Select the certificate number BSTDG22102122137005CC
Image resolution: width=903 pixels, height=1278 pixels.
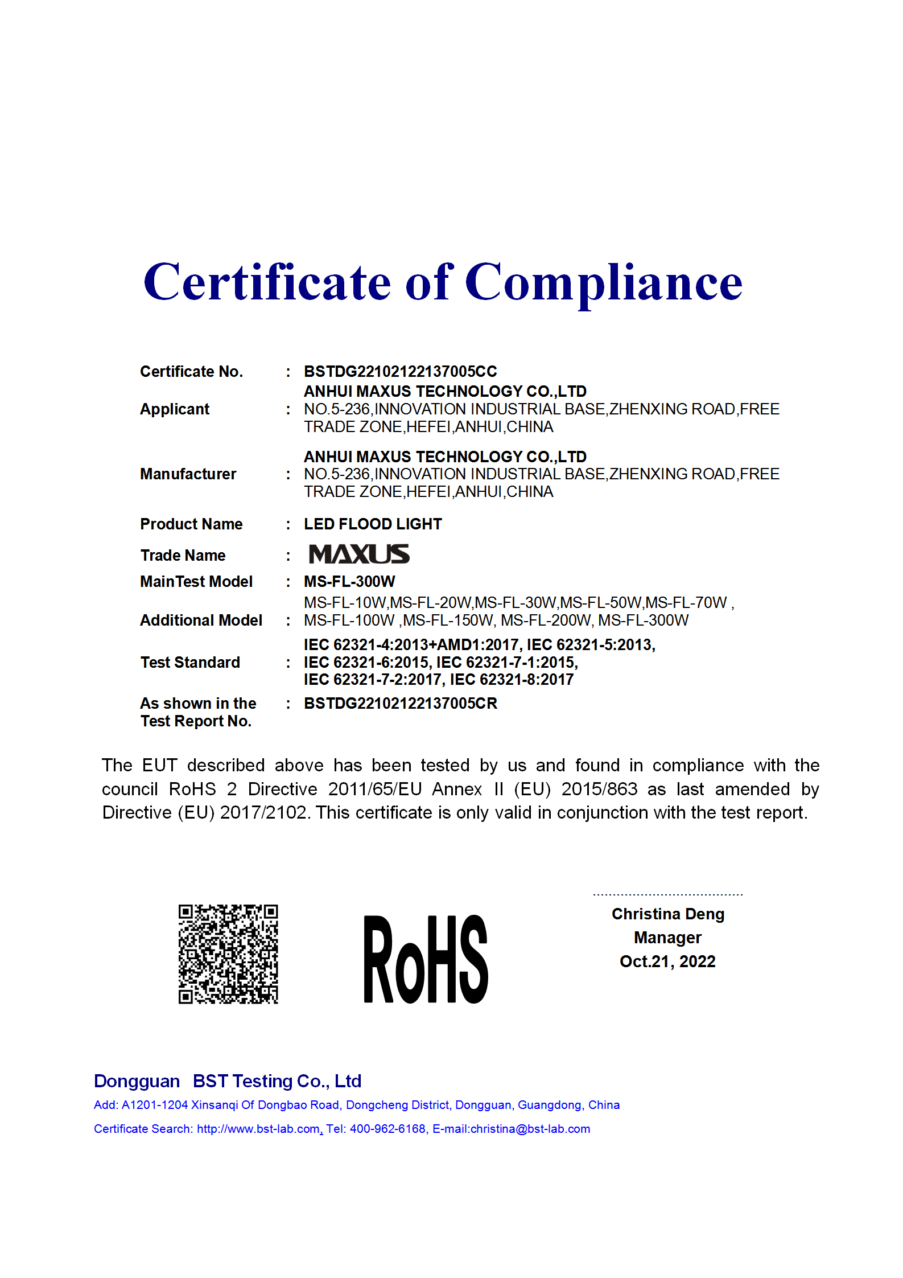point(400,372)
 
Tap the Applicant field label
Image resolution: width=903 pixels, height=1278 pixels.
point(175,409)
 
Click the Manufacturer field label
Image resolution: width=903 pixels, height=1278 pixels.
point(188,474)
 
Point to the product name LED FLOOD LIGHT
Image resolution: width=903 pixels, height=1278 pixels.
point(373,524)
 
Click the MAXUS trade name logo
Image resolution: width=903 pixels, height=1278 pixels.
point(359,554)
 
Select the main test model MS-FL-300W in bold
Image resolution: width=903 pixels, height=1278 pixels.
point(349,582)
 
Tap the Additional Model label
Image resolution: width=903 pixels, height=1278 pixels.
point(201,620)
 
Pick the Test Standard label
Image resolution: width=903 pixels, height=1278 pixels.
point(190,663)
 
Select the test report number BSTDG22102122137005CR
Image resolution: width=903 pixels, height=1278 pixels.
point(400,704)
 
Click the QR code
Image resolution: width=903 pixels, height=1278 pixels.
point(228,954)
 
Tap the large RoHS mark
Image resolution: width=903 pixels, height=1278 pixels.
point(426,960)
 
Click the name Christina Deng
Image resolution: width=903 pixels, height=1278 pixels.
point(667,914)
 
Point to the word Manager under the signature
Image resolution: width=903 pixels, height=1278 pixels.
point(667,938)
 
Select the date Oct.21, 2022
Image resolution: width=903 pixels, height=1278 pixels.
point(667,961)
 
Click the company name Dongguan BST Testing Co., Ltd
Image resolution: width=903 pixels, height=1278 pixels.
point(228,1081)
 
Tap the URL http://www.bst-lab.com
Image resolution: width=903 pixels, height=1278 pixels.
point(258,1129)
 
